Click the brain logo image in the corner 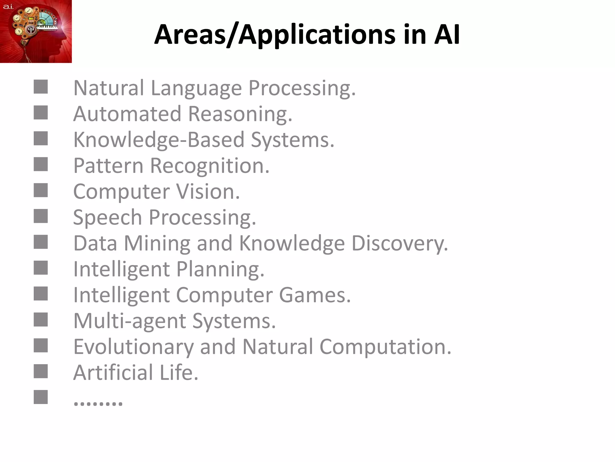(x=36, y=31)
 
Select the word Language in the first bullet (x=196, y=88)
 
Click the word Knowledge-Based (x=159, y=140)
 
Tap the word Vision (x=208, y=192)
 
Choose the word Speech (x=108, y=218)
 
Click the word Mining (x=157, y=244)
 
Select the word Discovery (x=399, y=244)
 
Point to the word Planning (x=220, y=269)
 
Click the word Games (x=315, y=295)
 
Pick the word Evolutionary (x=133, y=347)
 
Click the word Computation (x=385, y=347)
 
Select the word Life (x=179, y=373)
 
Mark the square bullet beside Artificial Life (x=41, y=371)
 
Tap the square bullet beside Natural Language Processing (x=41, y=87)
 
